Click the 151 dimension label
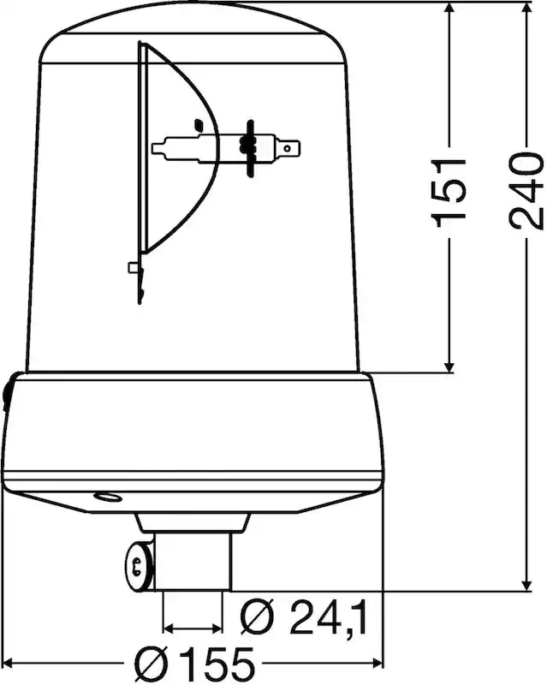click(x=449, y=193)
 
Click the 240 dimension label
click(x=527, y=190)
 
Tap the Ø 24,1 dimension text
click(x=304, y=617)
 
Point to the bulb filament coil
click(x=246, y=146)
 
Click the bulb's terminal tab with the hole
click(x=288, y=148)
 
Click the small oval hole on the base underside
click(x=108, y=497)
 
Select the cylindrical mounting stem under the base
click(x=193, y=562)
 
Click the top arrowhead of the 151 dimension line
click(x=449, y=10)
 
